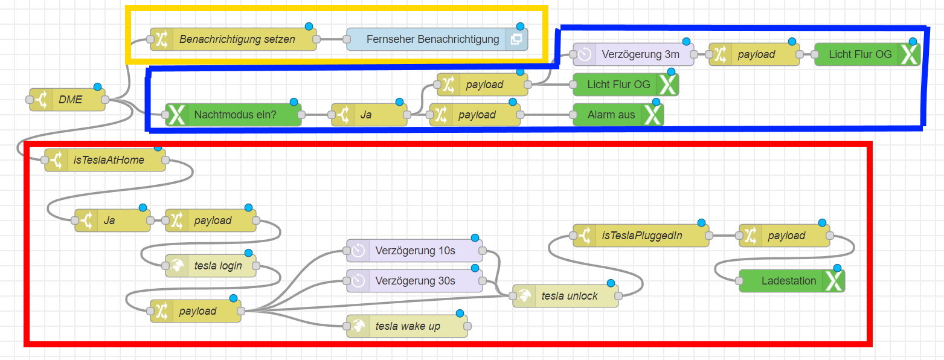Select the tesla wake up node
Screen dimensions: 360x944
407,326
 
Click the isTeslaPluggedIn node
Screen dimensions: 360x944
641,236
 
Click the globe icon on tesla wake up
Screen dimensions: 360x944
358,326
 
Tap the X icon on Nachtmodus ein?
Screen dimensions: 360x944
177,115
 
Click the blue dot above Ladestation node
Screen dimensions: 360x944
837,268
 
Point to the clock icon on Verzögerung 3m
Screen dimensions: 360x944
585,54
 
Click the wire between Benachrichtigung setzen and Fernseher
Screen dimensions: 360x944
332,39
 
